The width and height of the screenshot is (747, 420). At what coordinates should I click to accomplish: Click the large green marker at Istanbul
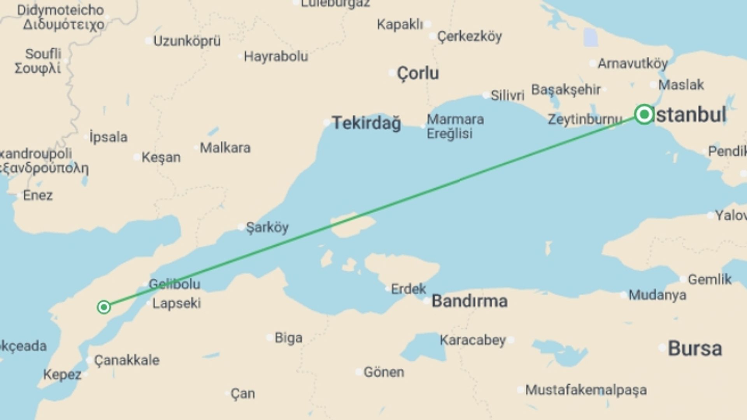click(x=644, y=114)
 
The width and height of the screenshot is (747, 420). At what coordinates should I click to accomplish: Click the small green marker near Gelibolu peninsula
click(x=104, y=307)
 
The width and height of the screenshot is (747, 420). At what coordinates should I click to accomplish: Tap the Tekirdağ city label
click(x=366, y=123)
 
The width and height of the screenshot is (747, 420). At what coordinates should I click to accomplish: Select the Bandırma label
click(x=469, y=301)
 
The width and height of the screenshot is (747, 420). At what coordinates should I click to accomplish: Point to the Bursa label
click(x=695, y=348)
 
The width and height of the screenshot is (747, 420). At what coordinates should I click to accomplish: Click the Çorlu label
click(x=418, y=73)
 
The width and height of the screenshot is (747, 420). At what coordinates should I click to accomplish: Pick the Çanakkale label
click(x=127, y=360)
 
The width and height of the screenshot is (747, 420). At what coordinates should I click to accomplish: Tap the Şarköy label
click(x=267, y=227)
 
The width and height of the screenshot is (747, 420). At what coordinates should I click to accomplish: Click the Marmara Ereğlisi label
click(x=455, y=126)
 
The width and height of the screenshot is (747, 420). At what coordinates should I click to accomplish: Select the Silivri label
click(x=507, y=95)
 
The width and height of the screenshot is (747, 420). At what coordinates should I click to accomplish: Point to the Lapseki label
click(x=176, y=303)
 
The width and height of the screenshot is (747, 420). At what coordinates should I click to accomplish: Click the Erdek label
click(x=409, y=289)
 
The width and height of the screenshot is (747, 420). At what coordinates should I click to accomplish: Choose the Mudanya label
click(x=657, y=295)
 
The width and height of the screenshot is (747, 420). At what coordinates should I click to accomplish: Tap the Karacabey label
click(x=473, y=340)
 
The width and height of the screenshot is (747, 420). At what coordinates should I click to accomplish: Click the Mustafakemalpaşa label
click(x=586, y=390)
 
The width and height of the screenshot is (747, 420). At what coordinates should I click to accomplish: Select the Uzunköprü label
click(x=187, y=41)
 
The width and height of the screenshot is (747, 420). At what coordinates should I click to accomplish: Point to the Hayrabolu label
click(x=276, y=57)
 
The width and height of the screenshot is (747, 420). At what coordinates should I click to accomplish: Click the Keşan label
click(x=161, y=157)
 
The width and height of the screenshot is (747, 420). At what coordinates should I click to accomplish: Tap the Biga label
click(x=288, y=338)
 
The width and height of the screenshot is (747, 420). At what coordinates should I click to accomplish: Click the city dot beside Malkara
click(x=196, y=148)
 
